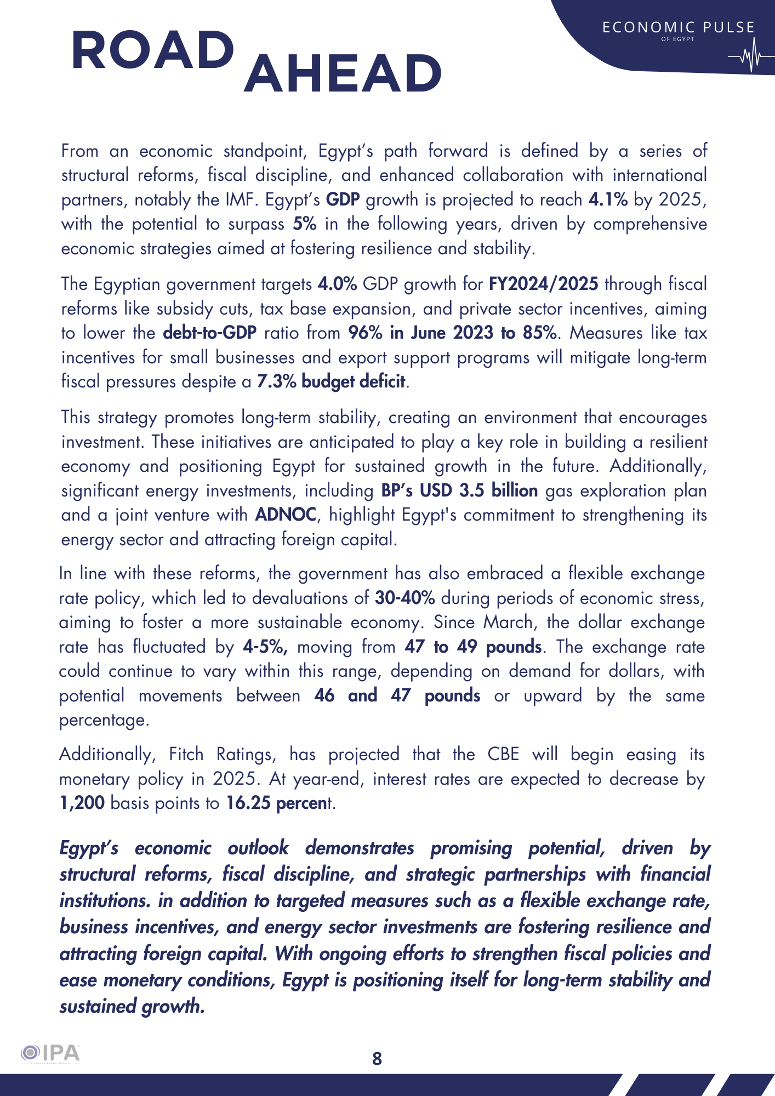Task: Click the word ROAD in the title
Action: [x=153, y=50]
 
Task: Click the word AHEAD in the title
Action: [x=343, y=73]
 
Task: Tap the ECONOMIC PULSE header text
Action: [x=678, y=27]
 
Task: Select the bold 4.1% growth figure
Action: [x=608, y=199]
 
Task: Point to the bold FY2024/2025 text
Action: [x=543, y=284]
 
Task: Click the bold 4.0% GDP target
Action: [x=337, y=284]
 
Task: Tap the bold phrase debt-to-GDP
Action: [x=210, y=333]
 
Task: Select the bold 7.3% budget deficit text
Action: [x=332, y=381]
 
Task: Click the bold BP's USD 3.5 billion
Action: [x=459, y=490]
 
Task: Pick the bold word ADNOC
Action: [x=286, y=515]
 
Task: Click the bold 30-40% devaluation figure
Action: [x=405, y=598]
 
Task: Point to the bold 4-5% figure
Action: [x=265, y=647]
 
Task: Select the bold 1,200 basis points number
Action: [x=82, y=803]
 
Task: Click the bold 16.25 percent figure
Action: [x=276, y=803]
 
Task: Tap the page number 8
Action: [x=377, y=1058]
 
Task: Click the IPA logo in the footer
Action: [x=50, y=1054]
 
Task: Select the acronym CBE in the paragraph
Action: [x=503, y=755]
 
